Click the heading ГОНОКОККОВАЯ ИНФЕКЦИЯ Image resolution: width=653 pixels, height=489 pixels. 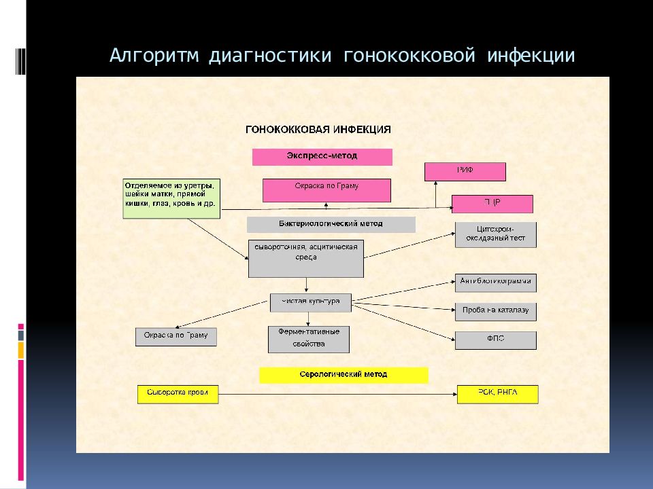(x=318, y=128)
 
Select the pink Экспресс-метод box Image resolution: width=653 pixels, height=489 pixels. (x=322, y=157)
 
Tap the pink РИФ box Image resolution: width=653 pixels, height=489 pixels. (x=465, y=172)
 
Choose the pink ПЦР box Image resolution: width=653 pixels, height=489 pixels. (x=492, y=204)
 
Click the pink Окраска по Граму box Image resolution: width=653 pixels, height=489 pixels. (x=326, y=190)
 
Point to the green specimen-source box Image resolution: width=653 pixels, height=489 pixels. (x=171, y=198)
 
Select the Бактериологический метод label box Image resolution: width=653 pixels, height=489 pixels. (x=331, y=224)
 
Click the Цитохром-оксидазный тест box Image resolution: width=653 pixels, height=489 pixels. (x=495, y=235)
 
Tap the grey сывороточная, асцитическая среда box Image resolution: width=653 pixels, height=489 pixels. (x=306, y=258)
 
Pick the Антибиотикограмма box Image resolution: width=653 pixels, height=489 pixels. (x=495, y=282)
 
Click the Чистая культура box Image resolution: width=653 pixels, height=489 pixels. (x=310, y=302)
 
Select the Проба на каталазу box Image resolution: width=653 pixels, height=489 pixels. (x=495, y=312)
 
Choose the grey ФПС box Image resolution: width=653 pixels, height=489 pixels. (x=495, y=340)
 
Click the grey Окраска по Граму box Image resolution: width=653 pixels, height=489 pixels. (x=175, y=336)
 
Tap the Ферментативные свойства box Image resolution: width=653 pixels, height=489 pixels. (x=308, y=339)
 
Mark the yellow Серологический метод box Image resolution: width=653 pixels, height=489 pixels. (x=344, y=375)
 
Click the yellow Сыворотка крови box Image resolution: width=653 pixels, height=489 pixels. (x=178, y=394)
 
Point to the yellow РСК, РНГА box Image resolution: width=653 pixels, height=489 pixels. (x=497, y=394)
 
